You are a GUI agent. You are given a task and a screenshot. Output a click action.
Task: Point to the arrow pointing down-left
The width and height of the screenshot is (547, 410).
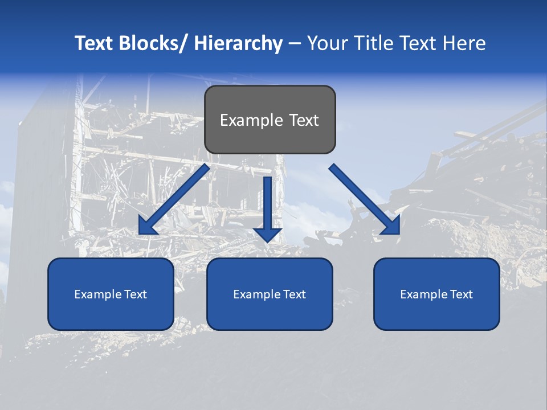(x=174, y=200)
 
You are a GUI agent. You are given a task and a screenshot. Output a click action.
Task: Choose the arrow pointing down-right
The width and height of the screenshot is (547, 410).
(x=365, y=199)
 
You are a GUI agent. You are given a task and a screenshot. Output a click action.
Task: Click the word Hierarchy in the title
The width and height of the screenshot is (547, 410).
(x=238, y=43)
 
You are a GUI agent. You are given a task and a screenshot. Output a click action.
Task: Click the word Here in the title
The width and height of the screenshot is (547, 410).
(x=464, y=43)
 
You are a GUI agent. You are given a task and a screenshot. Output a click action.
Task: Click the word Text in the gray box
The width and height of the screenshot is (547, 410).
(x=302, y=120)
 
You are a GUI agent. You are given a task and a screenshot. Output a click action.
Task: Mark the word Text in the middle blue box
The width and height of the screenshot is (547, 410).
(x=293, y=294)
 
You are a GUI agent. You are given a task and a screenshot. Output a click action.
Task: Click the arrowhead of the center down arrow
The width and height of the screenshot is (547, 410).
(x=267, y=234)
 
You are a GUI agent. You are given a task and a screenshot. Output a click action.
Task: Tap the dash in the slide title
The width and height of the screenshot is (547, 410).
(x=295, y=44)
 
